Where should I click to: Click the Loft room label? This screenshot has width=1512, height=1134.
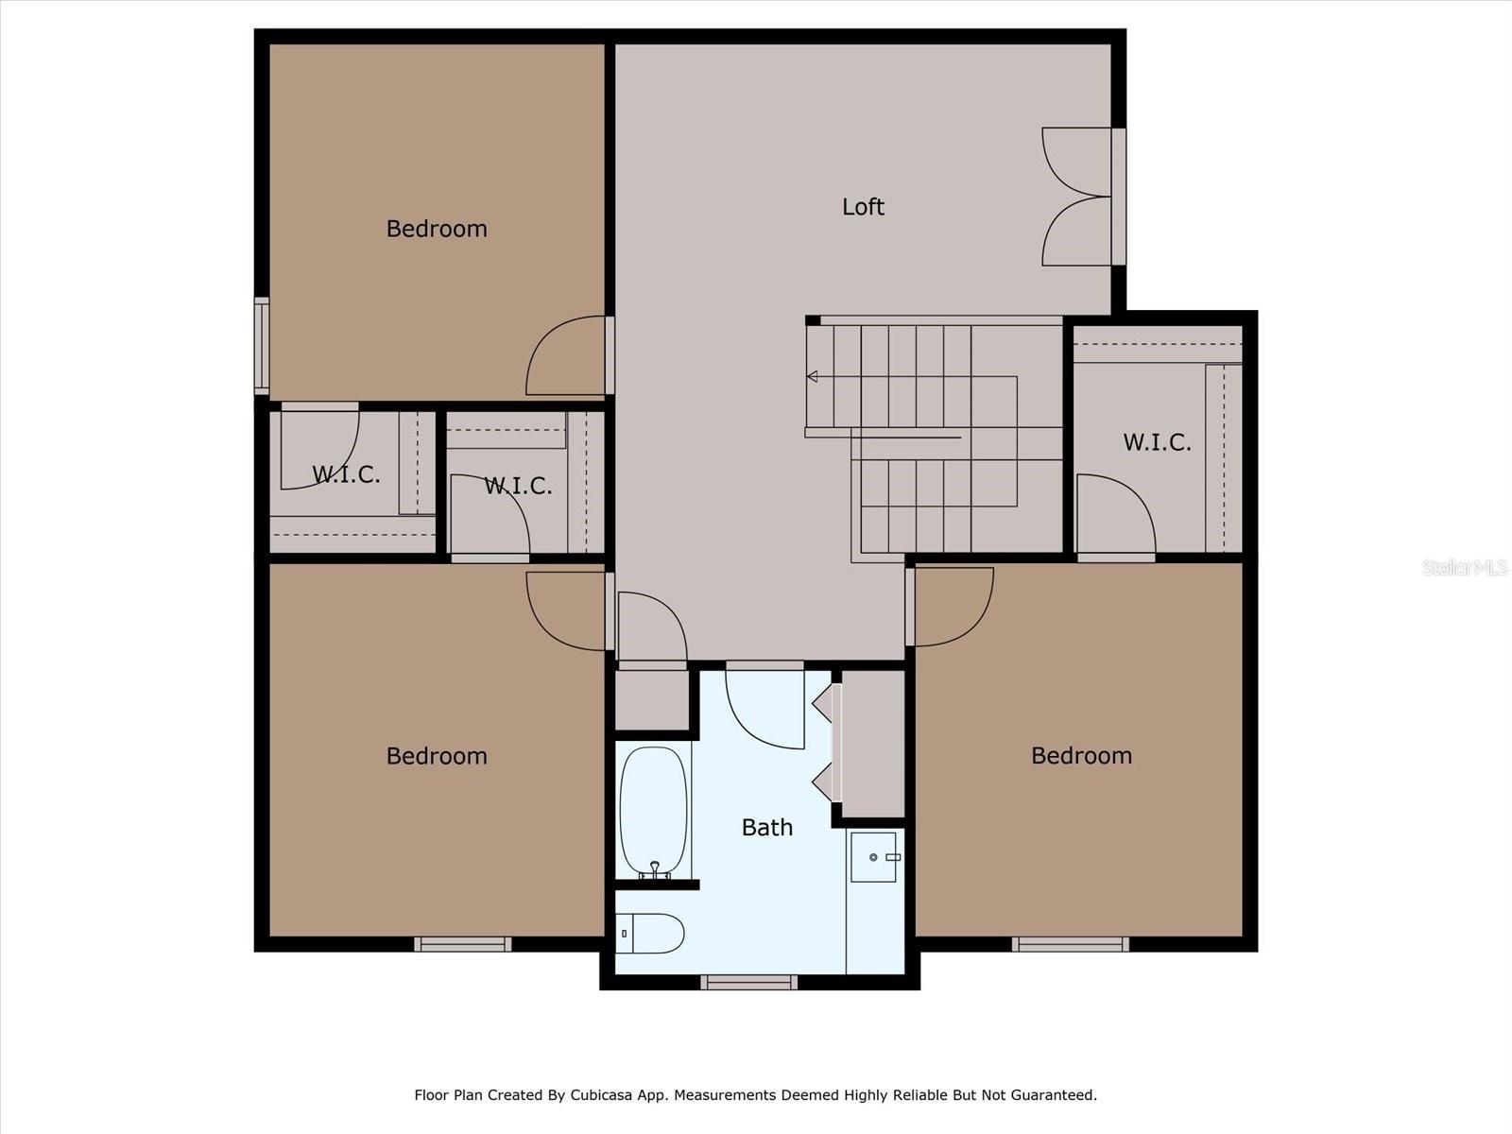(863, 207)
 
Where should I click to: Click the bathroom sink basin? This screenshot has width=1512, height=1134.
(873, 857)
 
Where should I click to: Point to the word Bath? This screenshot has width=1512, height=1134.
(766, 828)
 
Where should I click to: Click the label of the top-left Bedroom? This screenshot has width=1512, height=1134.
(437, 229)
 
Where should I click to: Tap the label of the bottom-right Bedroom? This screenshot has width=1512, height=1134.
(1081, 756)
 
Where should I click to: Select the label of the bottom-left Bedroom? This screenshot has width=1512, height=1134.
(437, 756)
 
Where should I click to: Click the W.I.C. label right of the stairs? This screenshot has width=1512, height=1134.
(1157, 442)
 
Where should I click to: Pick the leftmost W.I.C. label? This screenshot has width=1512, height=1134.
(346, 474)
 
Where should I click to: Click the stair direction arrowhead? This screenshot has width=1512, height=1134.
(812, 377)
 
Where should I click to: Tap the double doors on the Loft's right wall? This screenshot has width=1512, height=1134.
(1077, 197)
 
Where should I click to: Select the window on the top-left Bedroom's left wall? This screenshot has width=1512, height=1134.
(262, 345)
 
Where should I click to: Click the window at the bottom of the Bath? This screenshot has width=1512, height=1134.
(748, 983)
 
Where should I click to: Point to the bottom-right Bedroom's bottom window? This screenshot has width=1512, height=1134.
(1070, 944)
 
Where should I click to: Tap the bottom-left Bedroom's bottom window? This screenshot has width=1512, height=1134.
(463, 944)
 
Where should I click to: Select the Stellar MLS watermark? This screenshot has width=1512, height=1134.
(1464, 567)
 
